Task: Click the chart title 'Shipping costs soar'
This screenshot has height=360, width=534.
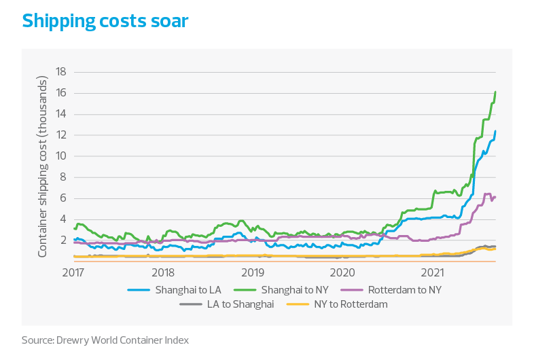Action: [x=105, y=21]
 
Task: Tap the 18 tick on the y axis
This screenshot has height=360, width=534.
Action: [x=60, y=71]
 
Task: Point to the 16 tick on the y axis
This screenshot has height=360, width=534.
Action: [x=60, y=93]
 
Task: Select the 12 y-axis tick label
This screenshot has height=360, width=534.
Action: [x=60, y=135]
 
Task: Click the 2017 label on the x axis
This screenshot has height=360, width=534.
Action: [x=73, y=272]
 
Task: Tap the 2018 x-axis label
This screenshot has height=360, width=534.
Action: [x=163, y=272]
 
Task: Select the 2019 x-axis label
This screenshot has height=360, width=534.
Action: [x=253, y=272]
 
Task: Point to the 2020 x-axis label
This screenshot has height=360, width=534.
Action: [x=342, y=272]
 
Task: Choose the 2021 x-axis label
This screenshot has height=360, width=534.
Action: [x=432, y=272]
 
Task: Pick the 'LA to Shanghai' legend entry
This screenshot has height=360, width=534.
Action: [x=240, y=304]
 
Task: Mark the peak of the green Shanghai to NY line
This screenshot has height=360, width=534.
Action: [x=496, y=91]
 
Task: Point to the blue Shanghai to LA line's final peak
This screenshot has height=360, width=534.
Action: [x=496, y=130]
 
